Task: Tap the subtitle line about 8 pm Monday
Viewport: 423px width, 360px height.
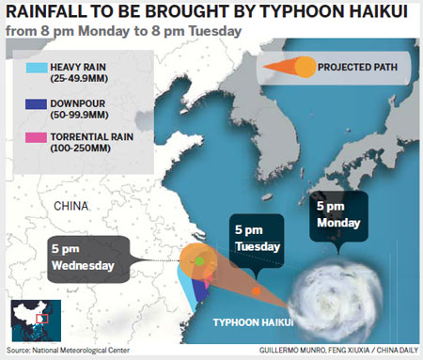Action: [x=122, y=31]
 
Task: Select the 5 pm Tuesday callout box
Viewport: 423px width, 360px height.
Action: [x=256, y=237]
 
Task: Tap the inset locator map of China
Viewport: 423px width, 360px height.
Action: [x=35, y=322]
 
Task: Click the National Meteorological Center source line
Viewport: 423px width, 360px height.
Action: [x=67, y=352]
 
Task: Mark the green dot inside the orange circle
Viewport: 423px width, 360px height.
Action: [x=199, y=260]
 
